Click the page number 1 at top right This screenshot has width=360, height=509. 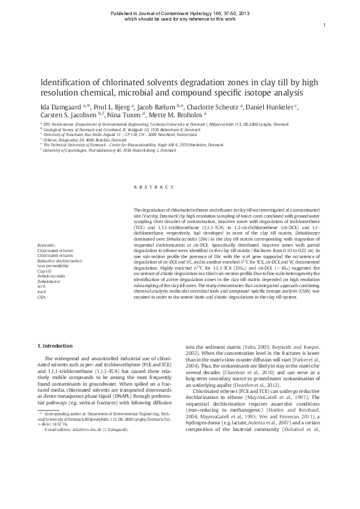[x=325, y=24]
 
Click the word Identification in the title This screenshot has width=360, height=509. [x=67, y=83]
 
